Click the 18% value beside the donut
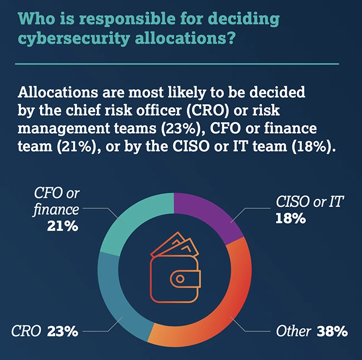point(290,218)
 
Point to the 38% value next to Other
point(332,332)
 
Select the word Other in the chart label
point(294,332)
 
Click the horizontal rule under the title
point(177,64)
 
